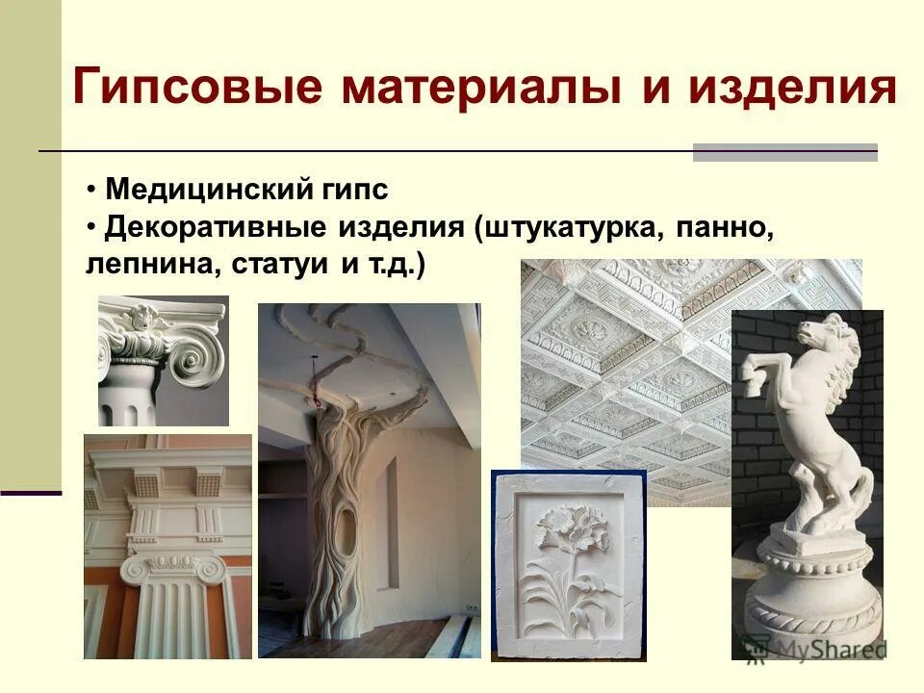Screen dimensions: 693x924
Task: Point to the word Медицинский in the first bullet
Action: tap(207, 190)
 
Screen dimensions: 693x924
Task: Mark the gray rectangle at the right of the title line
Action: tap(784, 152)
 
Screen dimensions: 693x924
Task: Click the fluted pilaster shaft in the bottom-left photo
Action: tap(173, 616)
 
